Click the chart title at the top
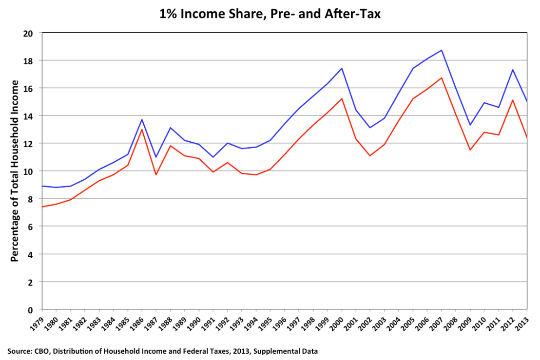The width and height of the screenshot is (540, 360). click(270, 14)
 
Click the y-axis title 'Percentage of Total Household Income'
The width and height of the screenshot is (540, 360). click(15, 171)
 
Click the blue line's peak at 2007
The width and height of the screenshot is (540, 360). click(442, 50)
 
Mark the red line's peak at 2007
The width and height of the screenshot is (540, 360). click(442, 78)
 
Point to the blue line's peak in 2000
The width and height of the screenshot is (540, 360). click(342, 68)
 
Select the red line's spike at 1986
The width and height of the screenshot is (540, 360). click(142, 129)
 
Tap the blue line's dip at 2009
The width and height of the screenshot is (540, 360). click(470, 125)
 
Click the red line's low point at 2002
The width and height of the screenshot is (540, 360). click(370, 156)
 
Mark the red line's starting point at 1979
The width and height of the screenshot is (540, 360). click(42, 207)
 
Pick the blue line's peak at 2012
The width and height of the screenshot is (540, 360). click(513, 70)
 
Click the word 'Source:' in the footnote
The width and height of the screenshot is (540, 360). click(20, 350)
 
